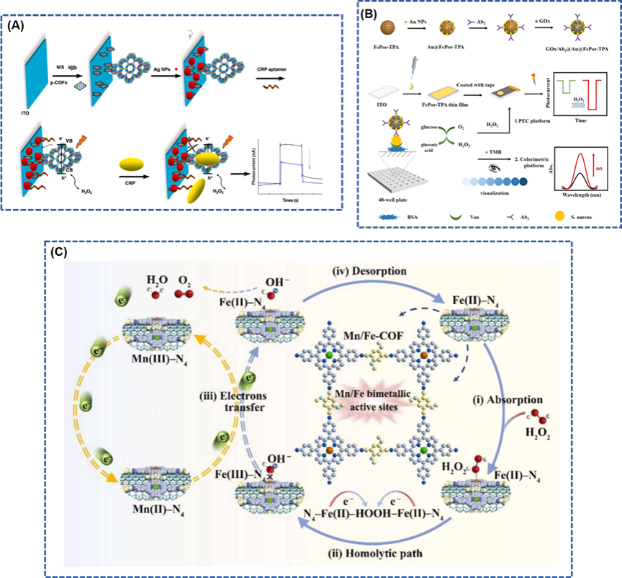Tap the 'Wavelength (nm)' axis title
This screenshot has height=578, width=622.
(583, 192)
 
